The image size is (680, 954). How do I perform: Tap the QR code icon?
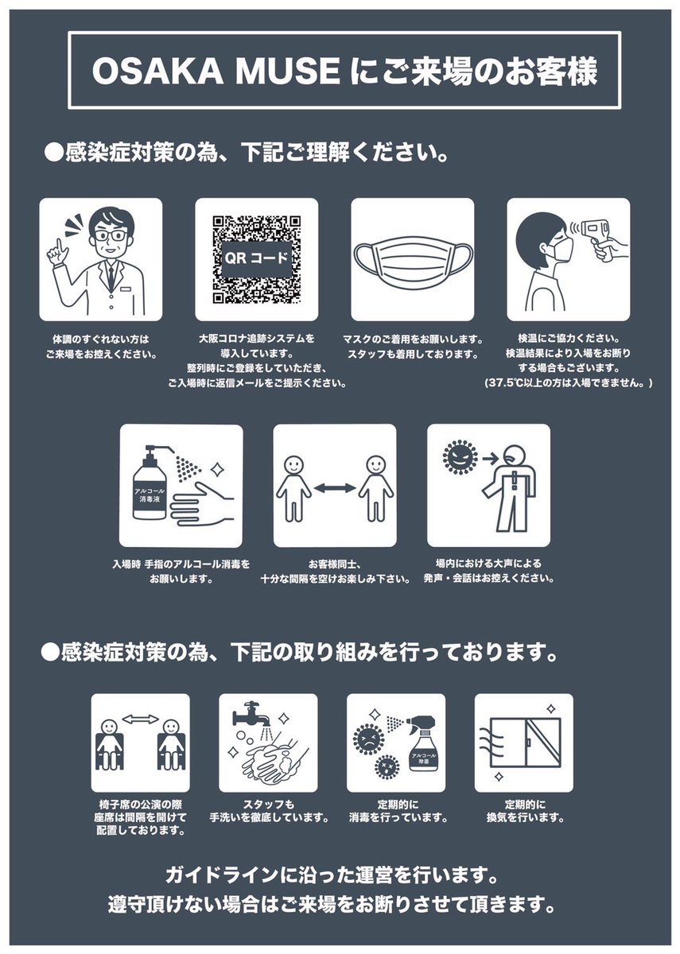tap(256, 259)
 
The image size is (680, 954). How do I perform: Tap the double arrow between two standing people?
tap(334, 487)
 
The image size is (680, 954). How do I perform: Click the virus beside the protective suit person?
tap(457, 456)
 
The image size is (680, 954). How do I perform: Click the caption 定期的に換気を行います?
tap(524, 809)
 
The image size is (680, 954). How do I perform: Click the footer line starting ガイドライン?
tap(332, 877)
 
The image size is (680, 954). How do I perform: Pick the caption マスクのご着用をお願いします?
tap(412, 339)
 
